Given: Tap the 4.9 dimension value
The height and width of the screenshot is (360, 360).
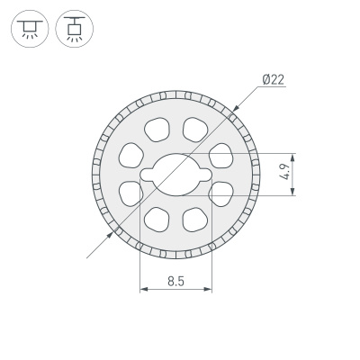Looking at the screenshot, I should [285, 171].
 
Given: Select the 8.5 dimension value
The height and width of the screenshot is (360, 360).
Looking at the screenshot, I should [175, 281].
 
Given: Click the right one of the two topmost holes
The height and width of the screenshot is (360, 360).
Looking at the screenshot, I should [195, 128].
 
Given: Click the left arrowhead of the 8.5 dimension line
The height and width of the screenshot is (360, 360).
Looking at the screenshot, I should [142, 290].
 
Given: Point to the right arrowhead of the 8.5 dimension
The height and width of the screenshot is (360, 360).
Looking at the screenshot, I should [210, 290].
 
